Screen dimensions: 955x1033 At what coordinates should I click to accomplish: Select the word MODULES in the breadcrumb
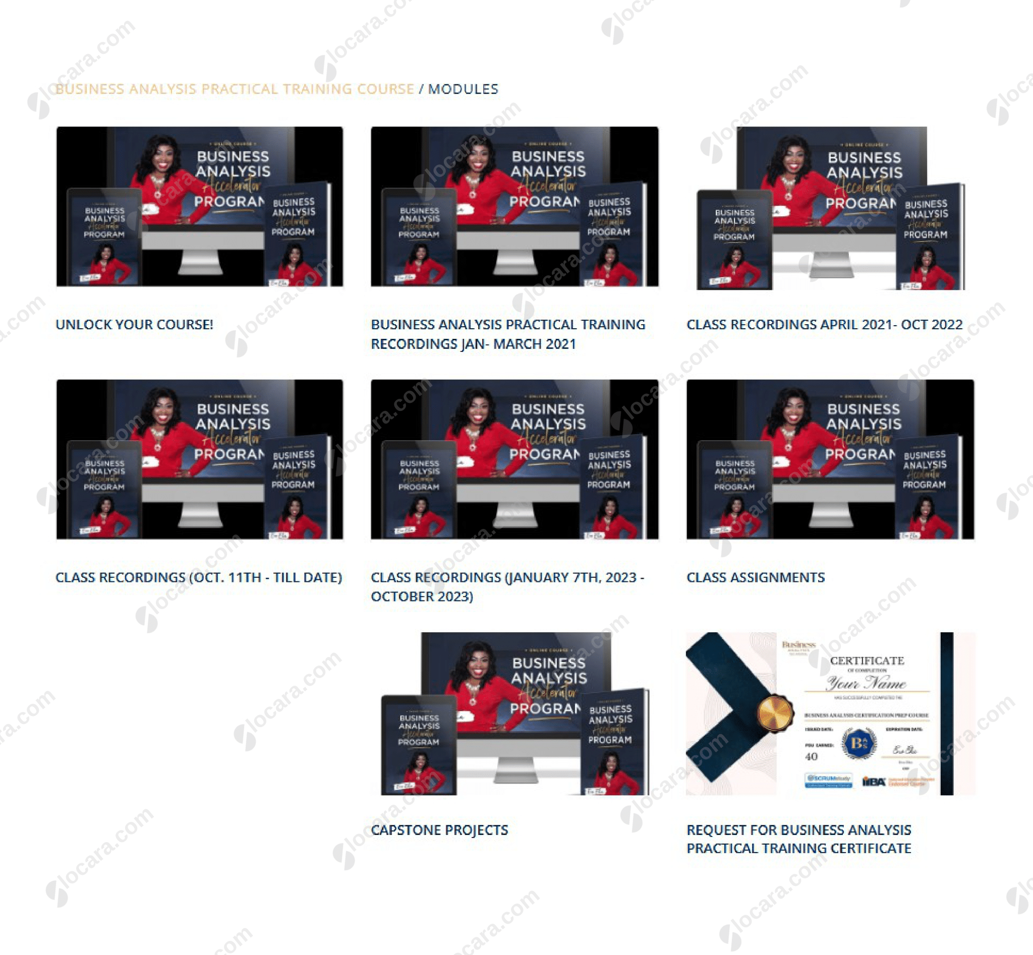(463, 89)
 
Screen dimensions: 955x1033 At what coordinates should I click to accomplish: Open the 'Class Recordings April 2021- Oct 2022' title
(824, 325)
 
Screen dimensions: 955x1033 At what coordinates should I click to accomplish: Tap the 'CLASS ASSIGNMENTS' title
(756, 577)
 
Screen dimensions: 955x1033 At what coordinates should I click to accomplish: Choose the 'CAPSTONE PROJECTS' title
(439, 830)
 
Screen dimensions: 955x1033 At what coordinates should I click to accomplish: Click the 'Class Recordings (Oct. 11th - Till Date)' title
(199, 577)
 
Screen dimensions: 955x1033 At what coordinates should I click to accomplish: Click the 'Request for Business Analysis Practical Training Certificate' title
(798, 839)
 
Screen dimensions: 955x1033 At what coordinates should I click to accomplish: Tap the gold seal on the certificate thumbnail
(774, 713)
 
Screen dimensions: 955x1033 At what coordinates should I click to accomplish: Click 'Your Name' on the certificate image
(866, 684)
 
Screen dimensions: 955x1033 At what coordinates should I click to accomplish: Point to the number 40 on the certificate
(811, 756)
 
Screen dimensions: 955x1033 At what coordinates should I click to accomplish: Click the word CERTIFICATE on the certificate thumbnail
(867, 661)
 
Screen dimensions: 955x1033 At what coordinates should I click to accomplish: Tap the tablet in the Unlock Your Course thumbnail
(104, 237)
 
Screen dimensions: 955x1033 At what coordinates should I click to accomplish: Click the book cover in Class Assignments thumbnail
(926, 486)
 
